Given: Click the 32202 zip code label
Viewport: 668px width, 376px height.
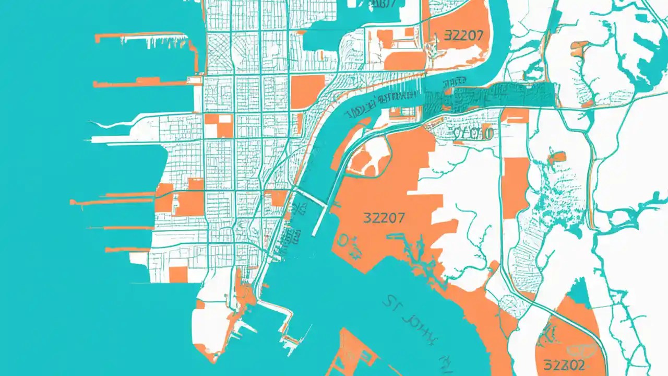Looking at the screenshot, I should point(563,364).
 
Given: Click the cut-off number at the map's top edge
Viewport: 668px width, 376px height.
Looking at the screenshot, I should point(382,4).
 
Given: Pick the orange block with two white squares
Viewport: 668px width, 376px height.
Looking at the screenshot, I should point(219,126).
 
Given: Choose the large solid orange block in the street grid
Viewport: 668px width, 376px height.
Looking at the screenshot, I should point(307,91).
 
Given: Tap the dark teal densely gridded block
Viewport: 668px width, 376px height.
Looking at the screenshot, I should point(491,96).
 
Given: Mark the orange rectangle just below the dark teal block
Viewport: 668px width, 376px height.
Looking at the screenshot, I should point(514,115).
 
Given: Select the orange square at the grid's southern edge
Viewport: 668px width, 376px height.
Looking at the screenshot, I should point(178,274).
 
